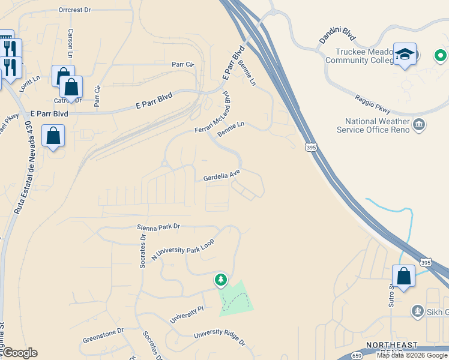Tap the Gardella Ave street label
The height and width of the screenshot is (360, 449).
[x=221, y=176]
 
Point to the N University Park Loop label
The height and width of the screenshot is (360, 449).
[x=182, y=248]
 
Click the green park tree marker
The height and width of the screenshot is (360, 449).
[x=221, y=280]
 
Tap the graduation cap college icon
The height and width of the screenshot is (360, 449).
[x=405, y=54]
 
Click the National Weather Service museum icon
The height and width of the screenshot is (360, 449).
[x=419, y=125]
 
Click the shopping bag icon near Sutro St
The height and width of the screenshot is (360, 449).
[x=404, y=277]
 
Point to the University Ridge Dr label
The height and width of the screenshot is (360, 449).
[x=220, y=337]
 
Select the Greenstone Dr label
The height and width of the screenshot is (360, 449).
[x=103, y=331]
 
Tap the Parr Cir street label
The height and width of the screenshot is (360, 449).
[x=184, y=64]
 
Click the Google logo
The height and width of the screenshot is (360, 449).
[x=19, y=353]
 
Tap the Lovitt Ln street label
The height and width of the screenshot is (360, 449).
[x=28, y=79]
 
